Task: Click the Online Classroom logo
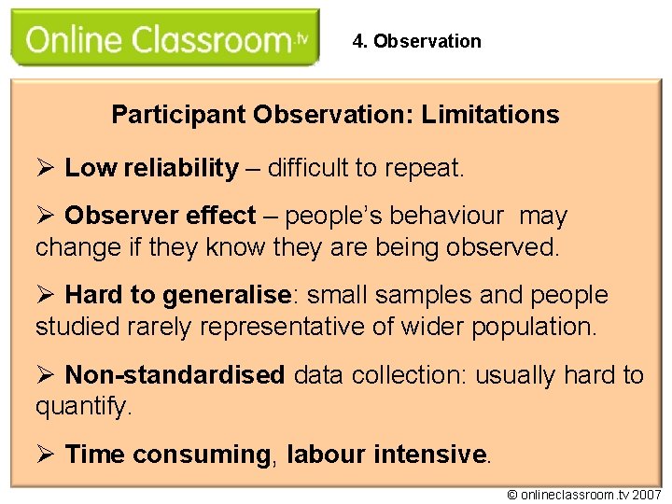click(x=164, y=38)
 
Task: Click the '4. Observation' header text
click(x=417, y=41)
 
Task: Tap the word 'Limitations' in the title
click(x=490, y=115)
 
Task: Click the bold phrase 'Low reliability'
click(x=151, y=168)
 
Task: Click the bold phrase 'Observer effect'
click(x=160, y=216)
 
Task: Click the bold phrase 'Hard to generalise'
click(x=178, y=296)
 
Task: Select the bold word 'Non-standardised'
click(x=175, y=375)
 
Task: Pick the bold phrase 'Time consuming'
click(x=167, y=455)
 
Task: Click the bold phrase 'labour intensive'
click(x=386, y=455)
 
